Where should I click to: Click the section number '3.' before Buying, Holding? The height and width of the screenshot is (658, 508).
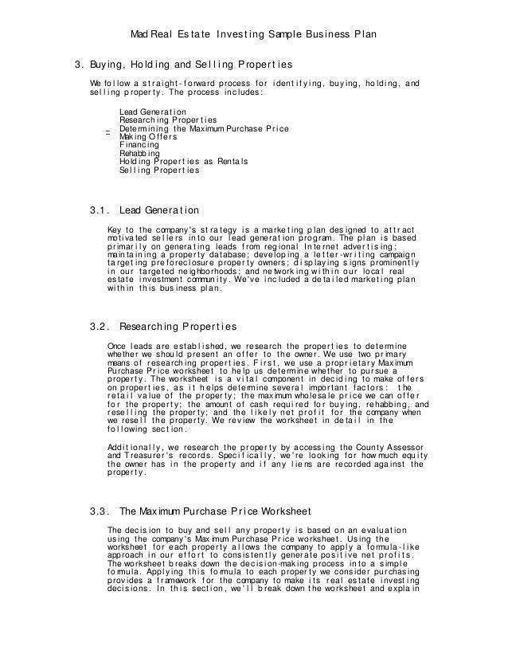point(79,64)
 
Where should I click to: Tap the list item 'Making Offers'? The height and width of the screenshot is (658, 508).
point(148,136)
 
